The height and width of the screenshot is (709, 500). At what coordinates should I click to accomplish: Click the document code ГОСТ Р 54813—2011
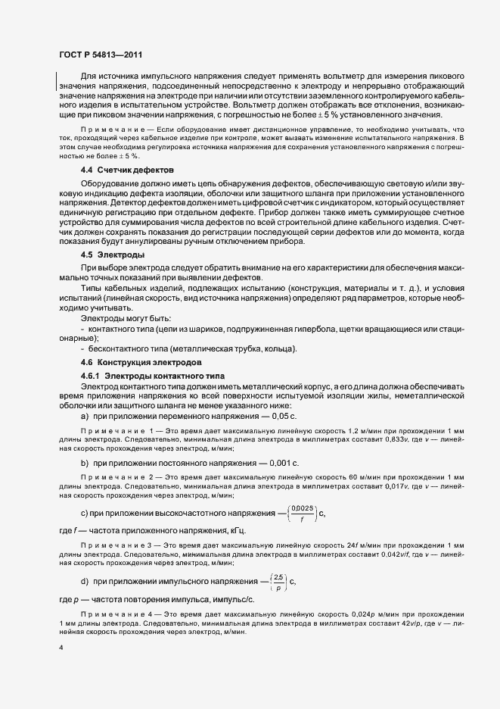click(x=101, y=55)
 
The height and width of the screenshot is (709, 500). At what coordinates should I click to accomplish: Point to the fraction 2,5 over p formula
click(x=278, y=582)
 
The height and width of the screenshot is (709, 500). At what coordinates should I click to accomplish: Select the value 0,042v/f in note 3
click(x=384, y=556)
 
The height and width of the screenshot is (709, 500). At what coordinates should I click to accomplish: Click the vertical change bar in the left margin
click(x=56, y=81)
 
